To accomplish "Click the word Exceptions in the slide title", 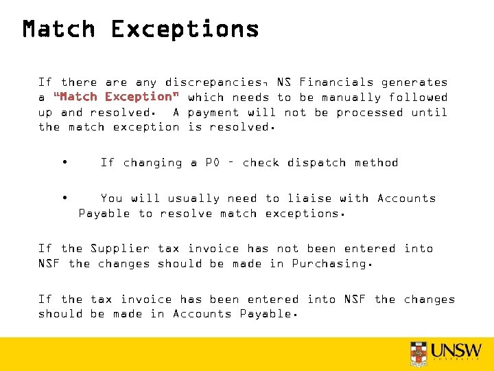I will tap(185, 30).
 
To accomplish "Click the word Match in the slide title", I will tap(59, 30).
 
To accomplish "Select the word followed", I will tap(418, 98).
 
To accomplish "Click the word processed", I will tap(369, 112).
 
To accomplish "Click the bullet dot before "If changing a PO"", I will tap(64, 162).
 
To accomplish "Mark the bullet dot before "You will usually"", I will tap(64, 198).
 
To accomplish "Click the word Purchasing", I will tap(332, 264).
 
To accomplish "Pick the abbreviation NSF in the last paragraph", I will tap(354, 300).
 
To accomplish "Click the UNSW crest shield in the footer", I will tap(419, 353).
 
